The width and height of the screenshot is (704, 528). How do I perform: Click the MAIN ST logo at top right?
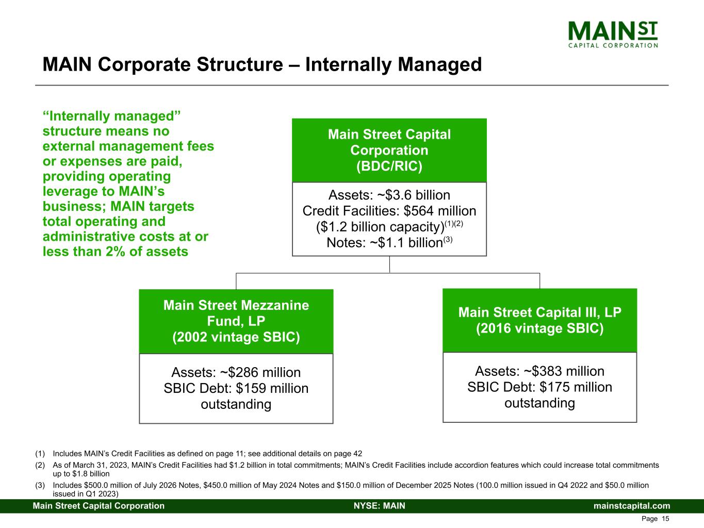click(613, 34)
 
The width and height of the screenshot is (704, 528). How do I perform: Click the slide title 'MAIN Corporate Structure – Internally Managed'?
click(262, 65)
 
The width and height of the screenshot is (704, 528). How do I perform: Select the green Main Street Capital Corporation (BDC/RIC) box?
click(389, 150)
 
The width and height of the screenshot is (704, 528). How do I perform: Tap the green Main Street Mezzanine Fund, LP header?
click(236, 321)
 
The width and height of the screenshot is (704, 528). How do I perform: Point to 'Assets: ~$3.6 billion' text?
click(389, 195)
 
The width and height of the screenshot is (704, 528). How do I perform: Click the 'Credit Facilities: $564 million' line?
click(389, 211)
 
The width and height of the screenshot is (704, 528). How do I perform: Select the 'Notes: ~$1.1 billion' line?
click(389, 243)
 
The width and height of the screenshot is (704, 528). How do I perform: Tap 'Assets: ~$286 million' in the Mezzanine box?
click(236, 372)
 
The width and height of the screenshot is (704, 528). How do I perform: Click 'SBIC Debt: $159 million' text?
click(236, 388)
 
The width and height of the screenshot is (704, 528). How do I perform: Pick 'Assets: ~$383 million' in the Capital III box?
click(539, 371)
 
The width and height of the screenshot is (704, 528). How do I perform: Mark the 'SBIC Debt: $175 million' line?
click(539, 387)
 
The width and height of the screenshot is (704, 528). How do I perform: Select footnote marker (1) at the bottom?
click(40, 454)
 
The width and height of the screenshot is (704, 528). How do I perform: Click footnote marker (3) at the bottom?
click(40, 485)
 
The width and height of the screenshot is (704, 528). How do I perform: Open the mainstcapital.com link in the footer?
click(632, 506)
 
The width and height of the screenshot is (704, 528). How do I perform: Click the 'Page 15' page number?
click(656, 519)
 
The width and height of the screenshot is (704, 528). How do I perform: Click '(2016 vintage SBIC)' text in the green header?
click(539, 328)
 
